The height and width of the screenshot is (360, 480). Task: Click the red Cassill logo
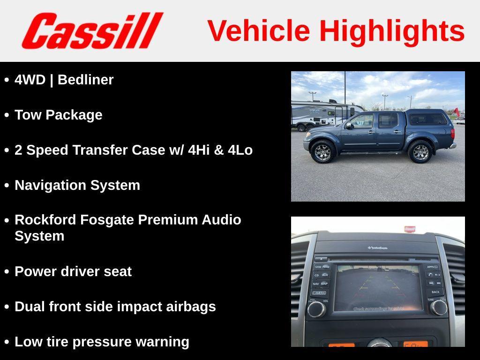click(x=92, y=31)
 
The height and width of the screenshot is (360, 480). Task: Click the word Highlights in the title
click(x=392, y=31)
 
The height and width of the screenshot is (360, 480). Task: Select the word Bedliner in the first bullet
click(x=85, y=80)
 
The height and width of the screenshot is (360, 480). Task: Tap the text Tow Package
click(x=59, y=115)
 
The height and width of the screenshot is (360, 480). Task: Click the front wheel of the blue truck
click(x=322, y=151)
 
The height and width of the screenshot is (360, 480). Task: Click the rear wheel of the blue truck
click(x=420, y=151)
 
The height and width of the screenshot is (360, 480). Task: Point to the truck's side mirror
click(x=349, y=126)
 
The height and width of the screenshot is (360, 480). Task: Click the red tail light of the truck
click(x=453, y=133)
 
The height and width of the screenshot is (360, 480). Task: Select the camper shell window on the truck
click(x=427, y=119)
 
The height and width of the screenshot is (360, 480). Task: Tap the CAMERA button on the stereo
click(x=319, y=293)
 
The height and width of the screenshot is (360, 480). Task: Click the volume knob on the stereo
click(x=316, y=308)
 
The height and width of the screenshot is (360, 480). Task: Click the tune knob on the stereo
click(x=439, y=307)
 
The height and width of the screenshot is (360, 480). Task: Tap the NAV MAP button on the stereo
click(x=321, y=284)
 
